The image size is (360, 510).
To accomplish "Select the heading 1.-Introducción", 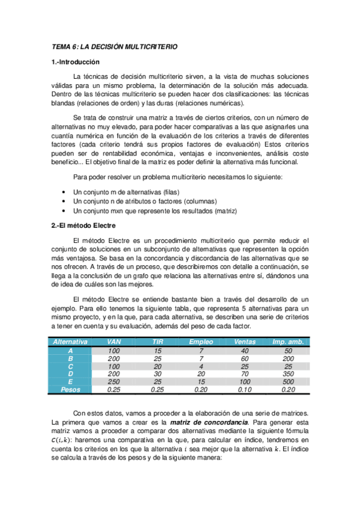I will coord(75,62).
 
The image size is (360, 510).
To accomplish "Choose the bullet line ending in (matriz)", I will coord(154,211).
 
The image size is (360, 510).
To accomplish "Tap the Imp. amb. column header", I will coord(288,342).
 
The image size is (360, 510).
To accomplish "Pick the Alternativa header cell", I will coord(71,342).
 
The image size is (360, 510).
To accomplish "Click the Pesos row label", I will coord(71,390).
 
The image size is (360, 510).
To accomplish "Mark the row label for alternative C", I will coord(71,366).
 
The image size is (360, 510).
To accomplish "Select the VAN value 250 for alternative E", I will coord(114,382).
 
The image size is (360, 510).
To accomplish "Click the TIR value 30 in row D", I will coord(157,373).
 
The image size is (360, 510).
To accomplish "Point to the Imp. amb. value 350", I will coord(288,373).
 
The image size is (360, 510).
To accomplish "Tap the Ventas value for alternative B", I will coord(245,358).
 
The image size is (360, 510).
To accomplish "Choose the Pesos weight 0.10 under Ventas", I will coord(245,390).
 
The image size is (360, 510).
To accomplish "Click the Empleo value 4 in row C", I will coord(201,366).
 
